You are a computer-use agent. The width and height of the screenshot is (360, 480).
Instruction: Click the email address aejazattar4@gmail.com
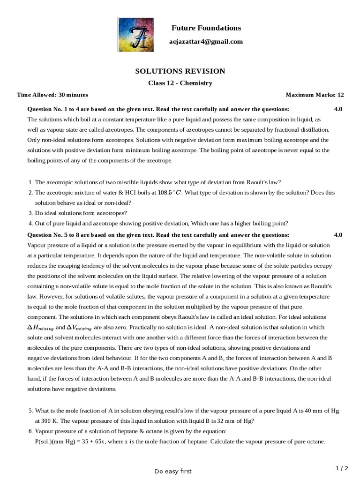pyautogui.click(x=206, y=42)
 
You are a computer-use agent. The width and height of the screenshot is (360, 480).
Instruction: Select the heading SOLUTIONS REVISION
pyautogui.click(x=180, y=71)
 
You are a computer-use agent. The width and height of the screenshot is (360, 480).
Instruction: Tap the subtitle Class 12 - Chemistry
pyautogui.click(x=180, y=83)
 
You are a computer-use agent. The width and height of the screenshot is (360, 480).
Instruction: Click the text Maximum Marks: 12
pyautogui.click(x=315, y=95)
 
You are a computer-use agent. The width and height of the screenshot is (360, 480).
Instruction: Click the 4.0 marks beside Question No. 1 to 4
pyautogui.click(x=338, y=109)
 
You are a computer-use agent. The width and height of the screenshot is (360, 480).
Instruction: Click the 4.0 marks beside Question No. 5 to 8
pyautogui.click(x=338, y=235)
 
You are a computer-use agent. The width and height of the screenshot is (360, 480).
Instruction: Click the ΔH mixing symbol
pyautogui.click(x=41, y=328)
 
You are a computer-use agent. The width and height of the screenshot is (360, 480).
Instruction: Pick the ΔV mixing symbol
pyautogui.click(x=81, y=328)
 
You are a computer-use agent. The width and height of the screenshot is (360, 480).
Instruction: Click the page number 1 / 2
pyautogui.click(x=342, y=468)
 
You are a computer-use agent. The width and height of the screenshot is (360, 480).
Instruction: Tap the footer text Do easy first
pyautogui.click(x=173, y=471)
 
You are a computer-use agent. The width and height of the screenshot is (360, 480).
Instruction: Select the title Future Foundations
pyautogui.click(x=206, y=28)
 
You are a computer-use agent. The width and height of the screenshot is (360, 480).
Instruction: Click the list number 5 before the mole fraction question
pyautogui.click(x=30, y=411)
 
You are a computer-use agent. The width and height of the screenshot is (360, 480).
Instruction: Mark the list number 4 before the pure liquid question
pyautogui.click(x=30, y=223)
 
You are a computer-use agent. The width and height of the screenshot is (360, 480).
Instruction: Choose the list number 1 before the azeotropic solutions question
pyautogui.click(x=30, y=182)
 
